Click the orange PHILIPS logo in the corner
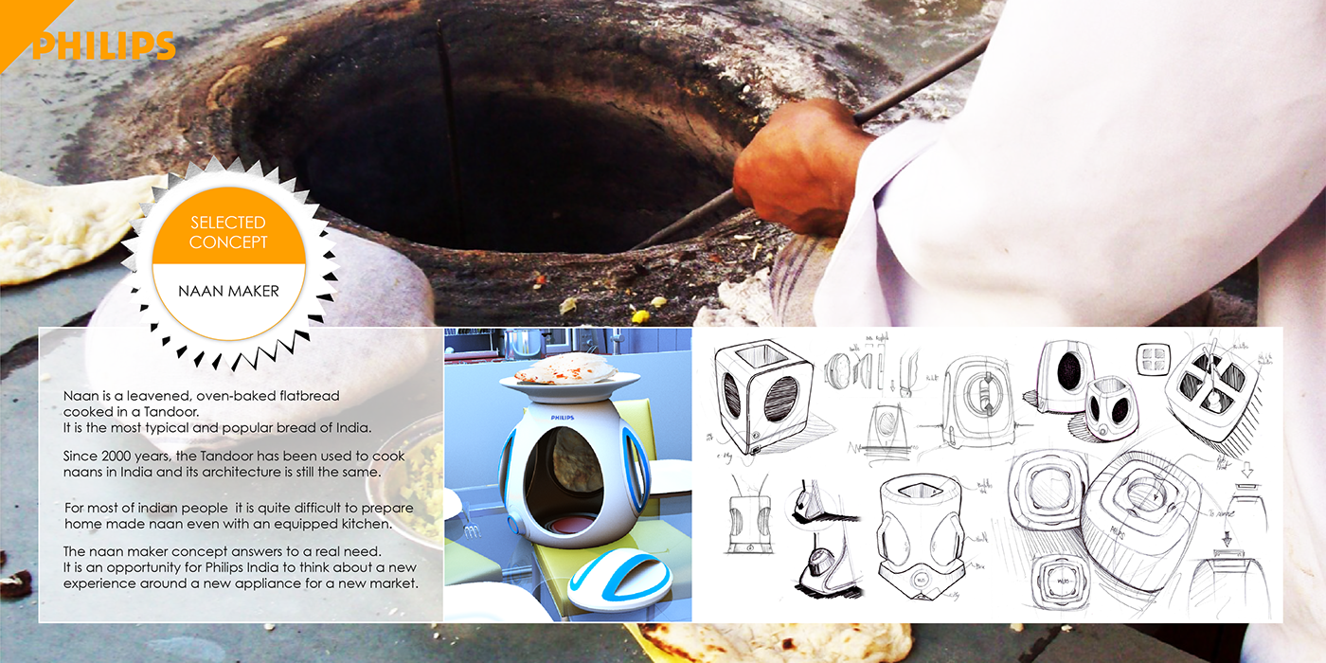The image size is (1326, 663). pyautogui.click(x=103, y=45)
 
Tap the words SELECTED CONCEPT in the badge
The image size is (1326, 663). pyautogui.click(x=228, y=232)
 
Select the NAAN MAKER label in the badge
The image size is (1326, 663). pyautogui.click(x=228, y=291)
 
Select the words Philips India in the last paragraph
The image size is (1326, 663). pyautogui.click(x=254, y=567)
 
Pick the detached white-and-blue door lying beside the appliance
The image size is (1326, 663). pyautogui.click(x=620, y=581)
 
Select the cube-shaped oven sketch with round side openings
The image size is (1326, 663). pyautogui.click(x=762, y=393)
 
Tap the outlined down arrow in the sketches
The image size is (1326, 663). pyautogui.click(x=1246, y=470)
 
